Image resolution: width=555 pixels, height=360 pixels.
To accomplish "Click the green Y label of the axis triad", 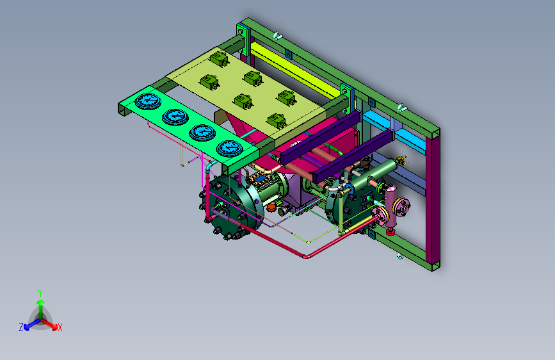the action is point(40,293).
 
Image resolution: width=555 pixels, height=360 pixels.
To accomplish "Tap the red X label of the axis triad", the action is point(60,328).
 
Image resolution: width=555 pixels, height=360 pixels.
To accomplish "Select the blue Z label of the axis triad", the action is point(21,327).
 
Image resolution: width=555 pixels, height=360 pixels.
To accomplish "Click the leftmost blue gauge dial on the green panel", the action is point(148,101).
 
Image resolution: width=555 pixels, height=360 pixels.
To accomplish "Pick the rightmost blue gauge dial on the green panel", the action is point(229,148).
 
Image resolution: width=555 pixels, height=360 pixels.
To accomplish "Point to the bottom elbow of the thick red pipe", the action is point(307,256).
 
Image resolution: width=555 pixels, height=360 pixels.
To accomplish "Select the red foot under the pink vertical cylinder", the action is point(390,232).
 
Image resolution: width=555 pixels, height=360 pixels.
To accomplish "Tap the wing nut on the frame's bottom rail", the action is point(399,256).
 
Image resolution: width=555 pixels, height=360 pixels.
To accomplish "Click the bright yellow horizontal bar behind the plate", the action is point(293,70).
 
